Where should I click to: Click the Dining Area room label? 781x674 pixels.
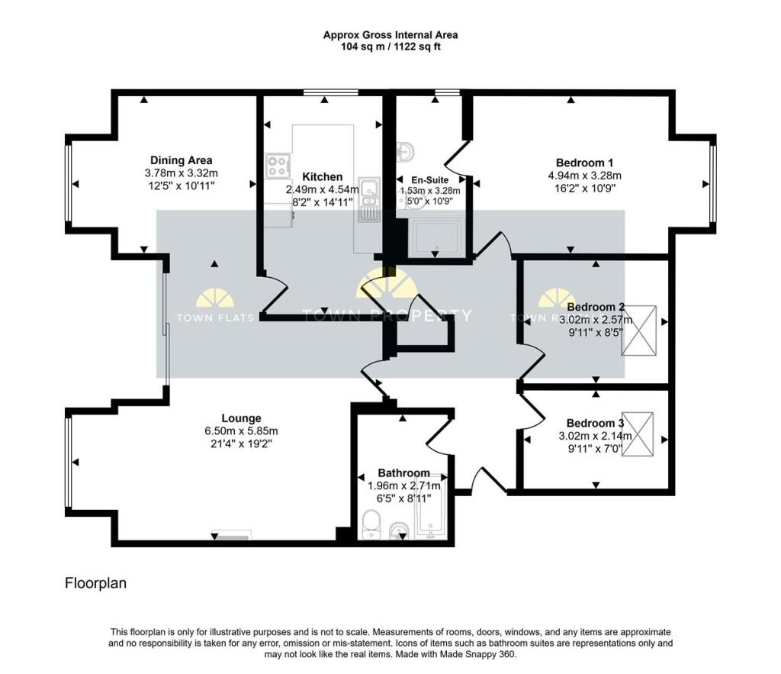pyautogui.click(x=181, y=160)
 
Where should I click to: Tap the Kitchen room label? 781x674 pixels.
pyautogui.click(x=322, y=176)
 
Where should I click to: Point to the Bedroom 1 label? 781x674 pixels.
pyautogui.click(x=584, y=163)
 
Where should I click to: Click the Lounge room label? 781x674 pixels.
pyautogui.click(x=241, y=418)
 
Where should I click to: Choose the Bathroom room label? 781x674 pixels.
pyautogui.click(x=403, y=472)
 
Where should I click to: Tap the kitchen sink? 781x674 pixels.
pyautogui.click(x=370, y=188)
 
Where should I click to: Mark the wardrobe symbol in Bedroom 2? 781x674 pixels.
pyautogui.click(x=638, y=331)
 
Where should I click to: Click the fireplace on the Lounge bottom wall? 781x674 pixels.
pyautogui.click(x=230, y=537)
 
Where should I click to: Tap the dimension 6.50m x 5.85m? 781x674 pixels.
pyautogui.click(x=241, y=431)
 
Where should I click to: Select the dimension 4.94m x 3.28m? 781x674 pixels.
pyautogui.click(x=584, y=175)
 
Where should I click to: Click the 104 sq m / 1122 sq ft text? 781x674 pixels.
pyautogui.click(x=390, y=47)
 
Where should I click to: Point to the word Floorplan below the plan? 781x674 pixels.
pyautogui.click(x=95, y=583)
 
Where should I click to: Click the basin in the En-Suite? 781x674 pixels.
pyautogui.click(x=403, y=151)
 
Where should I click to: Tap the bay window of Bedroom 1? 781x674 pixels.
pyautogui.click(x=712, y=183)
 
